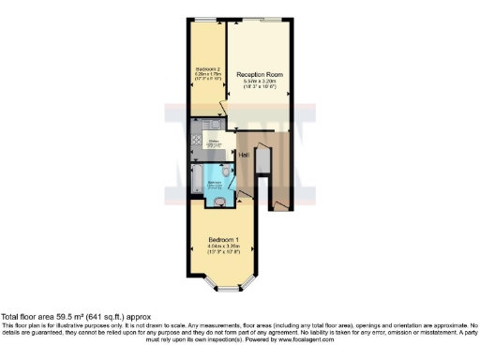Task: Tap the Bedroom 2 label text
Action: click(x=207, y=69)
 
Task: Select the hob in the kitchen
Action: click(x=196, y=142)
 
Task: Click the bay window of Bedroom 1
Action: click(x=221, y=282)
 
